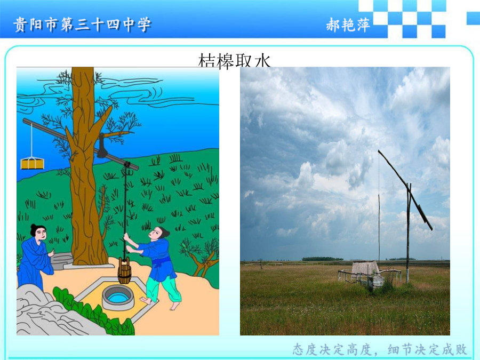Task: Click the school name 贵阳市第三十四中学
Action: tap(82, 25)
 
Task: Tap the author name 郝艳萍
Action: tap(348, 25)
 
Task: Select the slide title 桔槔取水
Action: tap(235, 60)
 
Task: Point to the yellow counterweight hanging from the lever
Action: tap(32, 164)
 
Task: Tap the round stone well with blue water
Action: tap(118, 297)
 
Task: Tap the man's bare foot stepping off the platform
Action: tap(175, 306)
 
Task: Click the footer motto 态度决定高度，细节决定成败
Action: tap(380, 349)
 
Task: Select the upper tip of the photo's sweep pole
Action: tap(379, 150)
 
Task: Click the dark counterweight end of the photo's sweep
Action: tap(425, 218)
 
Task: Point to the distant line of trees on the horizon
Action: tap(323, 259)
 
